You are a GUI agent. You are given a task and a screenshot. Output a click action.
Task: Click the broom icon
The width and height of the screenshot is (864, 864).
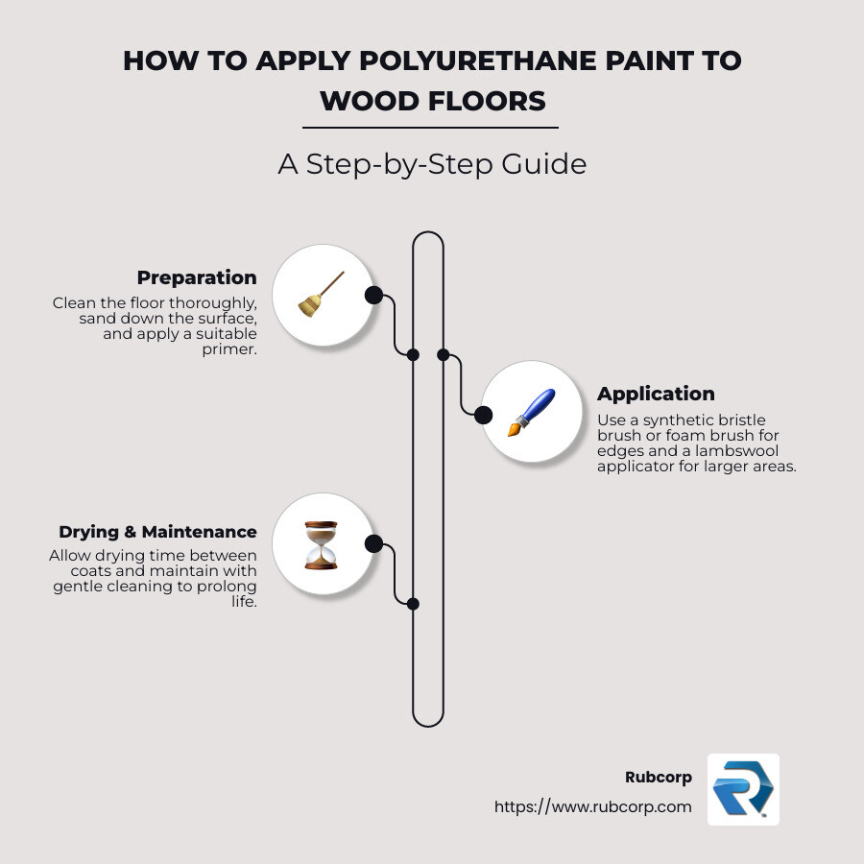pyautogui.click(x=322, y=294)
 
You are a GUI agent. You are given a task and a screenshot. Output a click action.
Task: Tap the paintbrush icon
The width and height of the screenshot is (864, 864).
pyautogui.click(x=531, y=413)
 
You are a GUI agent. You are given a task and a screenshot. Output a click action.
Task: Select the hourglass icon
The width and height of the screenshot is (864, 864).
pyautogui.click(x=321, y=545)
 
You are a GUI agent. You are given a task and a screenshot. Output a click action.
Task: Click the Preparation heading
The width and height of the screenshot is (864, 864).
pyautogui.click(x=196, y=277)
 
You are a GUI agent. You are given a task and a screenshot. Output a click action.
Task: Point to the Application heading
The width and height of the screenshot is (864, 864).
pyautogui.click(x=656, y=394)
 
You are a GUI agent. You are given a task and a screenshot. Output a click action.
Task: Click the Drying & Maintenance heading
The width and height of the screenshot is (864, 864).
pyautogui.click(x=157, y=532)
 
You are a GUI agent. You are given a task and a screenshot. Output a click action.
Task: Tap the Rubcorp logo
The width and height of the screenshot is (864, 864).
pyautogui.click(x=743, y=789)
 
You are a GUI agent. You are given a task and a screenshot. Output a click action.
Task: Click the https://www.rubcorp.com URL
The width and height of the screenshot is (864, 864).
pyautogui.click(x=592, y=806)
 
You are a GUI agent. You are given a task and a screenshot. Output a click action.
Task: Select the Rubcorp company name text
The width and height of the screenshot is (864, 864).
pyautogui.click(x=658, y=778)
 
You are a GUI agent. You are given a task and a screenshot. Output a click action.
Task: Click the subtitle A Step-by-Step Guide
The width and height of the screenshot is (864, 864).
pyautogui.click(x=432, y=164)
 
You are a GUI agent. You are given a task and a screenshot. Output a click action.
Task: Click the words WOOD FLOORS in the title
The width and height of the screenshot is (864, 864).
pyautogui.click(x=432, y=101)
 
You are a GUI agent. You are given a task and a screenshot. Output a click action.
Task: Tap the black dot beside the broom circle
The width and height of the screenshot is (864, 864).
pyautogui.click(x=373, y=295)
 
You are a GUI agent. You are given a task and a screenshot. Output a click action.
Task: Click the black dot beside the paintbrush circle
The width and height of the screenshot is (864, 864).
pyautogui.click(x=484, y=415)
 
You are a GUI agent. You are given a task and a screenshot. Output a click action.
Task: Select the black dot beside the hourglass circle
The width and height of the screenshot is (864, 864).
pyautogui.click(x=373, y=544)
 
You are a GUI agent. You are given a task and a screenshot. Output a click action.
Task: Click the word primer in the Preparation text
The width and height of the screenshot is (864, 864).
pyautogui.click(x=234, y=350)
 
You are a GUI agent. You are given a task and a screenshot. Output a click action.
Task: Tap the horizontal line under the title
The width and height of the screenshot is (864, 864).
pyautogui.click(x=430, y=127)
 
